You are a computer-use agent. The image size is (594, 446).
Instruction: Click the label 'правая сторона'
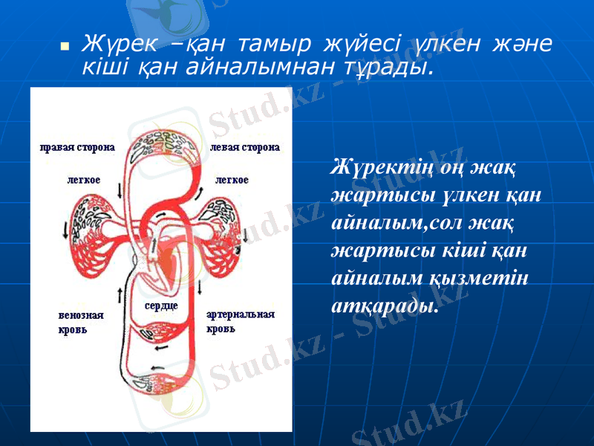coord(77,147)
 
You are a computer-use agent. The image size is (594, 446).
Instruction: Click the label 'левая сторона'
coord(245,147)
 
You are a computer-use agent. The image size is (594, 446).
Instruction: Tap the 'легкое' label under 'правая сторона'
coord(84,179)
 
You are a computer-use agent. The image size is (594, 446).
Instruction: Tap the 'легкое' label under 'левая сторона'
coord(232,179)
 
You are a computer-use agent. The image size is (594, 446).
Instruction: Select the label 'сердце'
coord(161,306)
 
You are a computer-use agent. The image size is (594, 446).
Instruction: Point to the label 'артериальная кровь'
coord(240,321)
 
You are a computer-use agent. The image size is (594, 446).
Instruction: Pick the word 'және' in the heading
coord(520,44)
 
